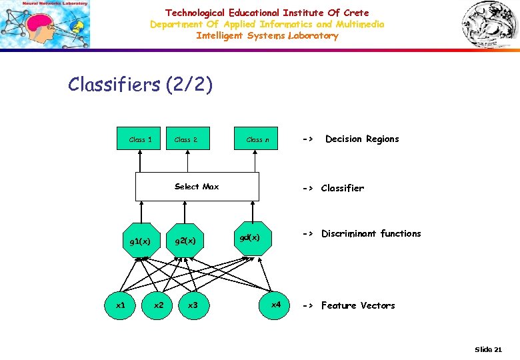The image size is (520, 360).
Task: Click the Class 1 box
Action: click(140, 139)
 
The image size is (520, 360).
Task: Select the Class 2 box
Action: click(186, 139)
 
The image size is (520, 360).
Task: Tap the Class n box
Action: click(257, 139)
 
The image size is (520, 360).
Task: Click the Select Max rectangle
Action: click(197, 187)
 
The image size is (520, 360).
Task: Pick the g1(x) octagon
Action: click(140, 241)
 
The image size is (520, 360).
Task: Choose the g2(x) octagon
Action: click(185, 240)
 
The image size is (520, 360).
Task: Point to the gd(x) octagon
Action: click(253, 237)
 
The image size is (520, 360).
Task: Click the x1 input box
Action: click(121, 305)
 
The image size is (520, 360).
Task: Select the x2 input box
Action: click(159, 305)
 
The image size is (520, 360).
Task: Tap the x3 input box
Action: click(193, 305)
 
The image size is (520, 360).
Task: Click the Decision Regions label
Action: click(361, 139)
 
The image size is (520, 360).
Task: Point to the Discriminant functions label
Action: click(371, 234)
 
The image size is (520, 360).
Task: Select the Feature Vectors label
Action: click(358, 305)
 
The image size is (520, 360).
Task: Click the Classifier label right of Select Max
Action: click(342, 188)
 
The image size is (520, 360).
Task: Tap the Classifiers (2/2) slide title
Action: click(141, 85)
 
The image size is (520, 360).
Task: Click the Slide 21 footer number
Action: click(488, 349)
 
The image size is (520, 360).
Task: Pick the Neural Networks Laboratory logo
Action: click(45, 25)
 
